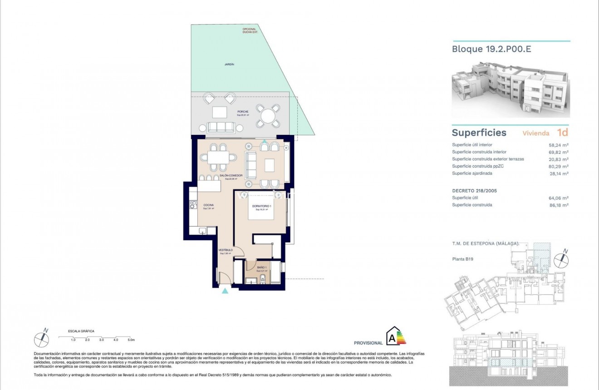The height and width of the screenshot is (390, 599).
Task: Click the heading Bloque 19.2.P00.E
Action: pyautogui.click(x=491, y=49)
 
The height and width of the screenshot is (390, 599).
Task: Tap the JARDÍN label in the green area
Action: pyautogui.click(x=229, y=64)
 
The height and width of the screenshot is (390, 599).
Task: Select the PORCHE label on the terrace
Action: pyautogui.click(x=243, y=112)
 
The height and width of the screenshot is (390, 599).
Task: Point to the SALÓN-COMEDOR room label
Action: pyautogui.click(x=231, y=175)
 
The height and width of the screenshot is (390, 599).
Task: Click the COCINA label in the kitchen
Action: pyautogui.click(x=208, y=205)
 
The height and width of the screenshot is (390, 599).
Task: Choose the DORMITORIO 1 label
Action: pyautogui.click(x=261, y=207)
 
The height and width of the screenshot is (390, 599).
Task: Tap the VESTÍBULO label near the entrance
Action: pyautogui.click(x=226, y=250)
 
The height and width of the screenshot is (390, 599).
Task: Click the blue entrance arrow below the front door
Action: pyautogui.click(x=225, y=291)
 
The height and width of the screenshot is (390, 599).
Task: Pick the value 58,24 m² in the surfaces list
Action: pyautogui.click(x=559, y=145)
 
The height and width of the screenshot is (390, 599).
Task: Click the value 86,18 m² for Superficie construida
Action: pyautogui.click(x=559, y=205)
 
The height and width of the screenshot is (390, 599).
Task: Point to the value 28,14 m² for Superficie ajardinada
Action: pyautogui.click(x=559, y=173)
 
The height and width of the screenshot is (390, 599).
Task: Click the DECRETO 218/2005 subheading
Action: pyautogui.click(x=474, y=191)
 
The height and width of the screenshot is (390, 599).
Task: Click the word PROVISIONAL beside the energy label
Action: pyautogui.click(x=368, y=343)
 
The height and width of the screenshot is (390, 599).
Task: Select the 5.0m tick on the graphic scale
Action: pyautogui.click(x=131, y=340)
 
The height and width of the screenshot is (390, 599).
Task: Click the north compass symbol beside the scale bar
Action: pyautogui.click(x=42, y=338)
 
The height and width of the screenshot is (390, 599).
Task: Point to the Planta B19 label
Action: pyautogui.click(x=463, y=259)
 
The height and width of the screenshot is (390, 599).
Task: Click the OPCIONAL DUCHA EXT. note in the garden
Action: pyautogui.click(x=249, y=31)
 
